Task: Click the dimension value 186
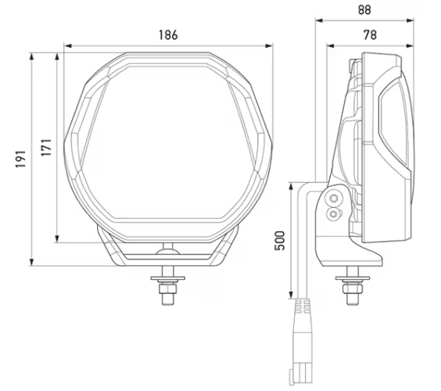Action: [x=167, y=34]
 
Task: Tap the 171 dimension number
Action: [x=46, y=148]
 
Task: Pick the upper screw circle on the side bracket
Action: [x=335, y=197]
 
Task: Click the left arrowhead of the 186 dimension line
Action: [x=67, y=45]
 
